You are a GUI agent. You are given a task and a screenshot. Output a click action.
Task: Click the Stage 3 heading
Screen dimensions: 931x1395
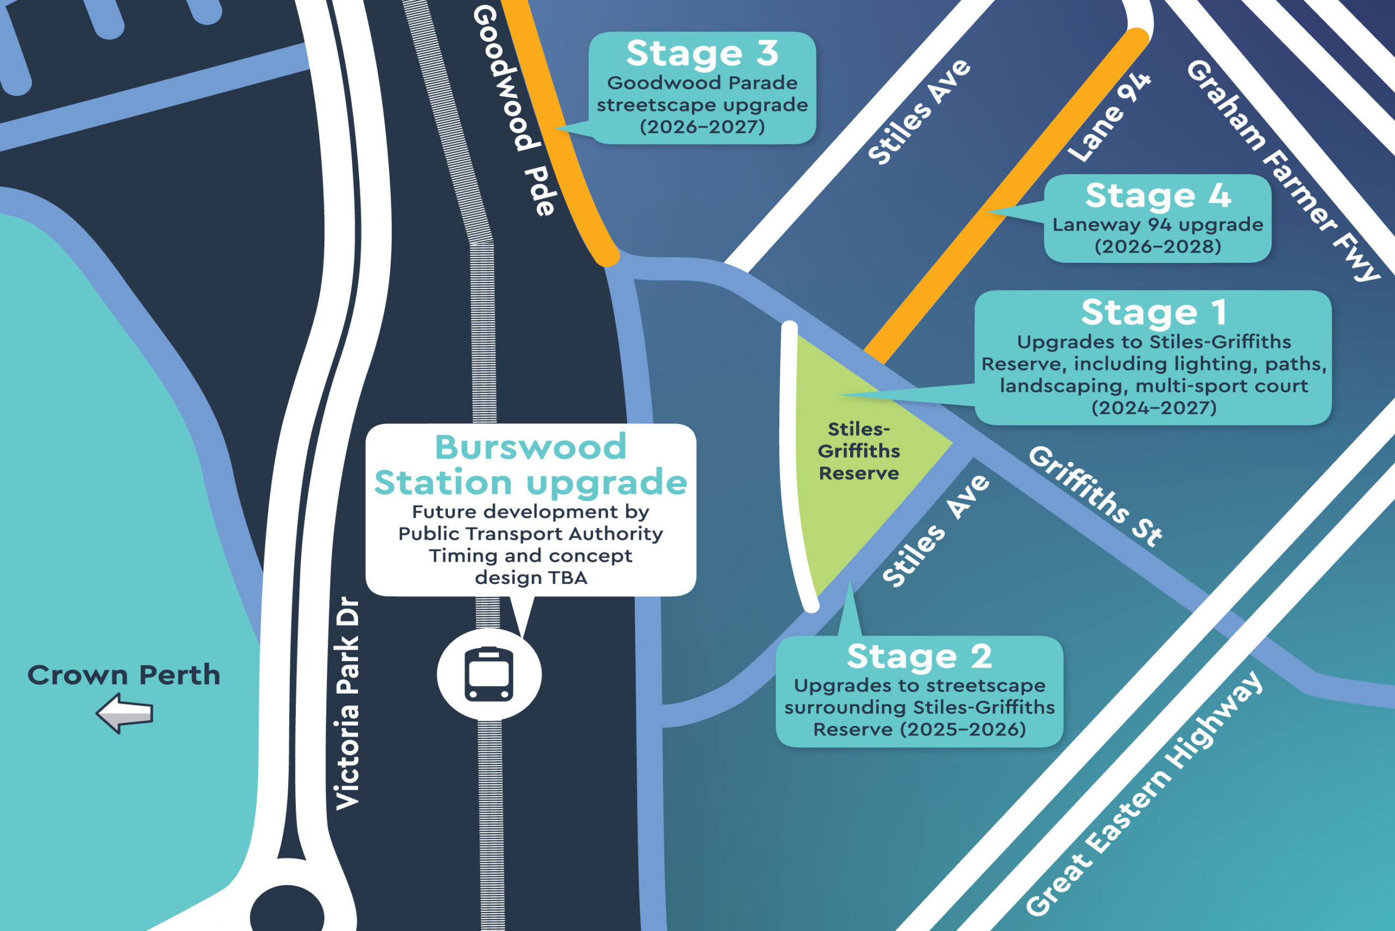pyautogui.click(x=702, y=53)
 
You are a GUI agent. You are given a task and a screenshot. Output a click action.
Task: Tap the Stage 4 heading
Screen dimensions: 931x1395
pyautogui.click(x=1157, y=195)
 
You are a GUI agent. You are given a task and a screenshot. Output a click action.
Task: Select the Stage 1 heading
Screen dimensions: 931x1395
pyautogui.click(x=1154, y=312)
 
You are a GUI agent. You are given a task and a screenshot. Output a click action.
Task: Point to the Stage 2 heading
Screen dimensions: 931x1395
pyautogui.click(x=919, y=656)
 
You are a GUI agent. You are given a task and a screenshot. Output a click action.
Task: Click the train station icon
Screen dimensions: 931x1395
pyautogui.click(x=489, y=674)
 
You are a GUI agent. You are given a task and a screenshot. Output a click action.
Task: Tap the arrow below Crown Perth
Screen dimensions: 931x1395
pyautogui.click(x=125, y=714)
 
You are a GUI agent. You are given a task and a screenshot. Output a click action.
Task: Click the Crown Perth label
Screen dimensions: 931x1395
pyautogui.click(x=124, y=675)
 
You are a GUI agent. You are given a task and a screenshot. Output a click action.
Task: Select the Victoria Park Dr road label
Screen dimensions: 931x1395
pyautogui.click(x=348, y=704)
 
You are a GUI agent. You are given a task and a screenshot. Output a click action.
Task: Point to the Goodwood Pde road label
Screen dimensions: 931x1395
pyautogui.click(x=514, y=110)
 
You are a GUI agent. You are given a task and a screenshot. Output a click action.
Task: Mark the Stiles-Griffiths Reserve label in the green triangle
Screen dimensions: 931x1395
pyautogui.click(x=858, y=451)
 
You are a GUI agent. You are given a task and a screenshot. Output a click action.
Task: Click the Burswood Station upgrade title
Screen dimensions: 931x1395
pyautogui.click(x=531, y=464)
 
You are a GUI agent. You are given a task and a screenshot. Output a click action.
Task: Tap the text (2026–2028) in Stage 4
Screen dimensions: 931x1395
pyautogui.click(x=1157, y=246)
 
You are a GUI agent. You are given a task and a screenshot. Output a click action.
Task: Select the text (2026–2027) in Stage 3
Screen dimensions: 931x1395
pyautogui.click(x=702, y=126)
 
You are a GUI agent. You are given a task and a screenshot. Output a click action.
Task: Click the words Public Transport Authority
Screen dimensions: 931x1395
pyautogui.click(x=531, y=533)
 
